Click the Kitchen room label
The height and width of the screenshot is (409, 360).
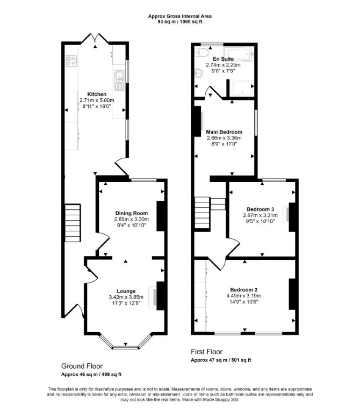[x=97, y=94]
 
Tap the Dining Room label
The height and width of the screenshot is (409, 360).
[x=131, y=213]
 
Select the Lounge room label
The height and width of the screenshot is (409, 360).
[x=126, y=291]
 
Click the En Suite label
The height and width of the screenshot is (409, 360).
[x=223, y=59]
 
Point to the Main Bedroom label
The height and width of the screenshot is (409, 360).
[x=224, y=132]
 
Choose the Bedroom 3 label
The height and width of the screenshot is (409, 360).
[x=260, y=209]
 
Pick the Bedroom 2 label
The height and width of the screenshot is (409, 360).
[x=244, y=289]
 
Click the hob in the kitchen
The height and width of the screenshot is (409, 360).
[x=71, y=61]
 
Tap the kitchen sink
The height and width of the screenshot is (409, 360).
[x=119, y=81]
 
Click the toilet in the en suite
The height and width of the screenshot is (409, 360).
[x=201, y=52]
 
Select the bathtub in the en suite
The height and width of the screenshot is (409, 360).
[x=239, y=54]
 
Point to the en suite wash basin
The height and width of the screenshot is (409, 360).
[x=199, y=74]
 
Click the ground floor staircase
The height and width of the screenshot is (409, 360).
[x=73, y=223]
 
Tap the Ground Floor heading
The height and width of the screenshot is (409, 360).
[x=82, y=366]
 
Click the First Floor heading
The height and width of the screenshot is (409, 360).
[x=207, y=352]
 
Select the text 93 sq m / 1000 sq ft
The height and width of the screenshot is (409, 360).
[x=180, y=21]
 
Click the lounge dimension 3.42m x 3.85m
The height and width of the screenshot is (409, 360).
[x=126, y=297]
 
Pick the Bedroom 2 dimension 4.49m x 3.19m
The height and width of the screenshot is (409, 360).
[x=244, y=296]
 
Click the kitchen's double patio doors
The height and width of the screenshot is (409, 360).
[x=95, y=39]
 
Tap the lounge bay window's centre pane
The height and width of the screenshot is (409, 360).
[x=126, y=347]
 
